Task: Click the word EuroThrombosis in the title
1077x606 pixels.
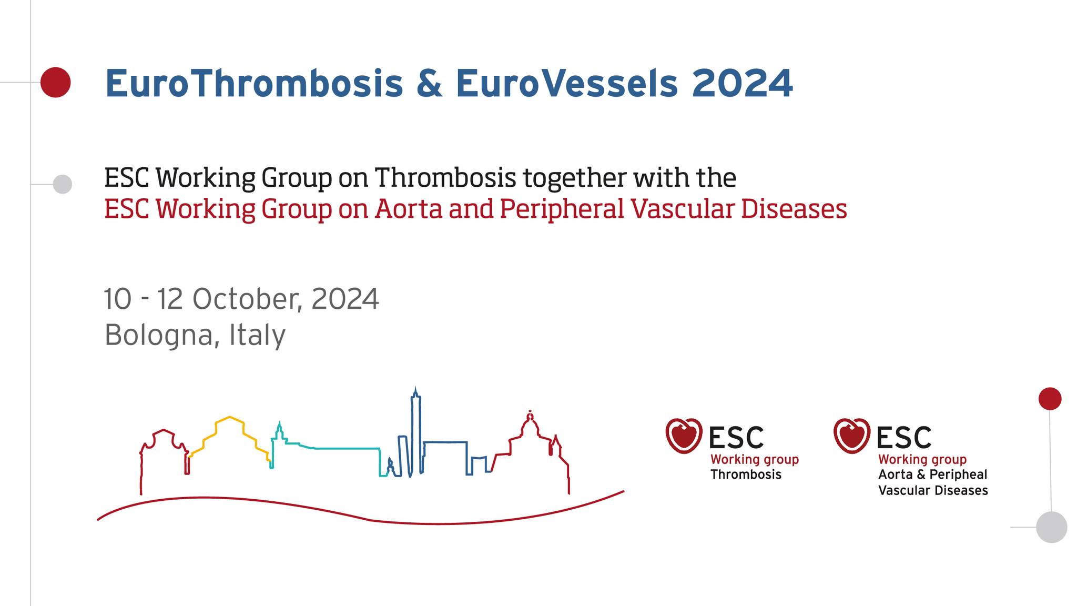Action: [x=254, y=83]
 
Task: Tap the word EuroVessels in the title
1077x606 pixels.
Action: [x=566, y=83]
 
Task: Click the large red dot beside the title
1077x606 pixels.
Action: [x=55, y=82]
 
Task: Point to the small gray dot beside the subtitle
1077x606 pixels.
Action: [x=63, y=184]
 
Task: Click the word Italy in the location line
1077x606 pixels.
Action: [x=257, y=335]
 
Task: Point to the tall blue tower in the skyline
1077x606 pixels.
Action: [x=416, y=431]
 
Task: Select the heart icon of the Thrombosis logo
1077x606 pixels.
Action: [x=684, y=436]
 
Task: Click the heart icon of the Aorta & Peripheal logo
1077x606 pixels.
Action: [x=852, y=436]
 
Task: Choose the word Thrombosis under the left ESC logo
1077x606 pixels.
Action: [x=746, y=474]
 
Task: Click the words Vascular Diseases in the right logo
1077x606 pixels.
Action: [x=933, y=491]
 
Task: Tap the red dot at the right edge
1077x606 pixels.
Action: [x=1050, y=399]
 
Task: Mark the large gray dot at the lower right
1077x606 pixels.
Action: [x=1052, y=527]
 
